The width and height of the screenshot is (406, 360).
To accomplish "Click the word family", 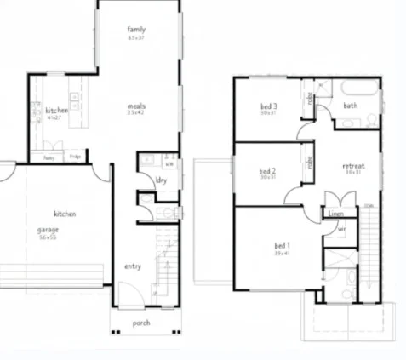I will (x=136, y=28).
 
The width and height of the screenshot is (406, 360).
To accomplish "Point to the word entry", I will (x=133, y=266).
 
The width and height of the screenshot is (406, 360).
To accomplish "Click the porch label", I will (x=141, y=323).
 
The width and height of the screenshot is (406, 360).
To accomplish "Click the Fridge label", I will (x=75, y=157).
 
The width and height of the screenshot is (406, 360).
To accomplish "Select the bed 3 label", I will (x=268, y=106).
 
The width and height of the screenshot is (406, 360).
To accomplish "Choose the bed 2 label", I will (x=267, y=170).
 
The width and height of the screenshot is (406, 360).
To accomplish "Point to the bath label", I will (x=350, y=106).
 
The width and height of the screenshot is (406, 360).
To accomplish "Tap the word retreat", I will (x=353, y=165).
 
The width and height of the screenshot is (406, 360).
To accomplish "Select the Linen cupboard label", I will (x=335, y=214).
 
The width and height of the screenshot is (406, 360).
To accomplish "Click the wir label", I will (x=340, y=229).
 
